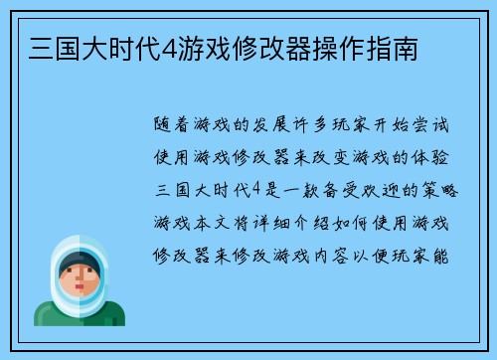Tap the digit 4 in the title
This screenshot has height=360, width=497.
point(157,47)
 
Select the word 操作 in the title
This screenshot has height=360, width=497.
point(344,47)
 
